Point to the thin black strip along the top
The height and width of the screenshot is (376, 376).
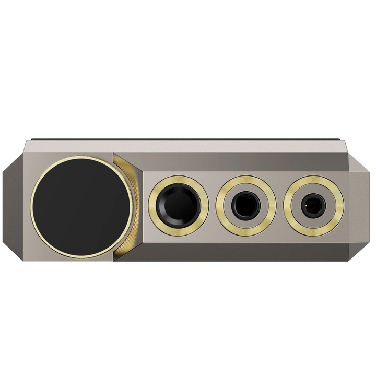[x=188, y=139]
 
